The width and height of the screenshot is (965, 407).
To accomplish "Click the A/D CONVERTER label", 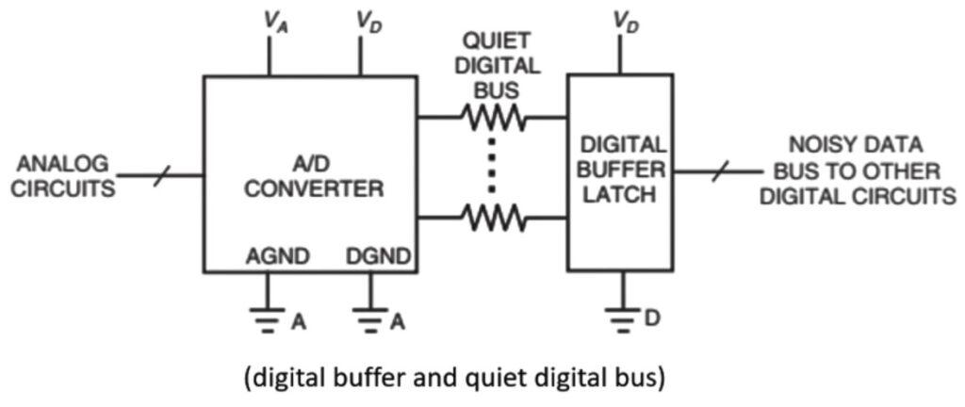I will coord(314,175).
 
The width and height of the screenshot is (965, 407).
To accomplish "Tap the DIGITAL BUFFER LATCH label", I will coord(620,171).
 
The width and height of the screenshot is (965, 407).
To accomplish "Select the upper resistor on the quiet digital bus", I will coord(492,118).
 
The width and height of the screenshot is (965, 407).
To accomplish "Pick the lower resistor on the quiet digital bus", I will coord(492,219).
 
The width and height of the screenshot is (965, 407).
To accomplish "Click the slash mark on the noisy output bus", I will coord(719,171).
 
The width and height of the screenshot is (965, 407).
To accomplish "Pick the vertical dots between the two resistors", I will coord(492,167).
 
